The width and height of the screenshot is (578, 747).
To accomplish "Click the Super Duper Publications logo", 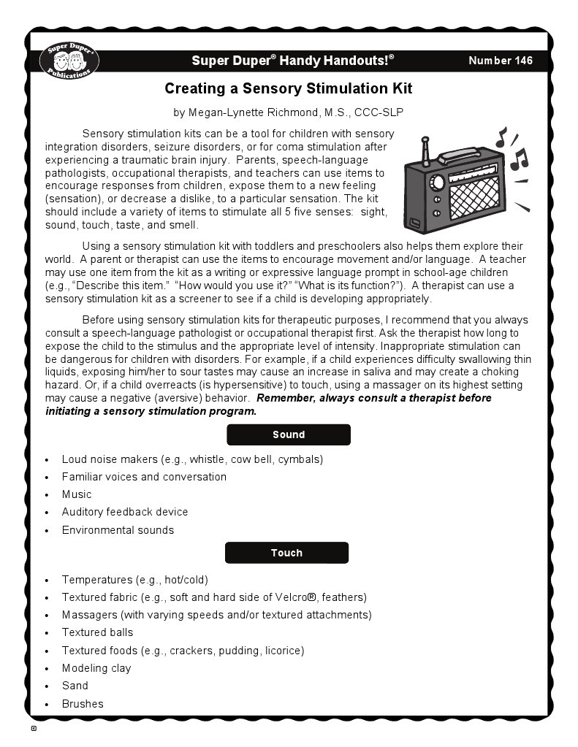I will (x=69, y=60).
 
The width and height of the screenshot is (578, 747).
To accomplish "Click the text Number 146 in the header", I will (x=501, y=61).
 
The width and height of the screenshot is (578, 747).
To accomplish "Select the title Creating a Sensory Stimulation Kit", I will (x=289, y=89).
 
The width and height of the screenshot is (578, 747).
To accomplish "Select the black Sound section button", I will (x=289, y=434).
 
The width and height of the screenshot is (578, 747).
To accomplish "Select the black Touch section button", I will (x=286, y=553).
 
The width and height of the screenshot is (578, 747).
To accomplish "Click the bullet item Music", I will (x=77, y=494).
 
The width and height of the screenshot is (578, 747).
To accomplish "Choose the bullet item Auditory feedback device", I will (x=125, y=512).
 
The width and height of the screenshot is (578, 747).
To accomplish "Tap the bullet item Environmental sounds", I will (x=118, y=530).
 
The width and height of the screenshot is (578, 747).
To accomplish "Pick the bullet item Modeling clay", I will (x=96, y=668).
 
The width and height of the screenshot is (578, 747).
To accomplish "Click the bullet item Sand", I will (x=75, y=686).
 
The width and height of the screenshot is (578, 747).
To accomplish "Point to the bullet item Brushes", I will (x=83, y=704).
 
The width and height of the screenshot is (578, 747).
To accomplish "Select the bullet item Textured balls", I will (x=97, y=632).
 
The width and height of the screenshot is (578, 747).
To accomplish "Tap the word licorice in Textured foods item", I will (x=282, y=651).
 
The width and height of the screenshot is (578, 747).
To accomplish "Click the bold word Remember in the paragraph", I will (x=286, y=398).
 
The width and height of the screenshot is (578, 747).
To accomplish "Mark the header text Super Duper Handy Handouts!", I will (x=292, y=61).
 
